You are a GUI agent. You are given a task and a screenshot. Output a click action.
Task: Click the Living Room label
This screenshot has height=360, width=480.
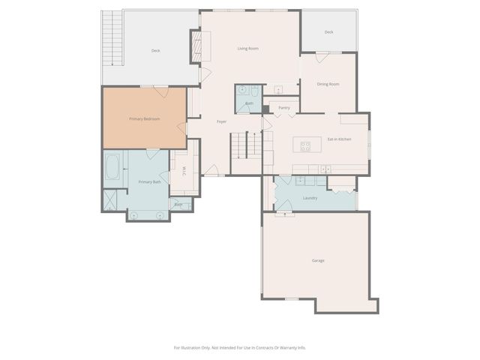point(248,49)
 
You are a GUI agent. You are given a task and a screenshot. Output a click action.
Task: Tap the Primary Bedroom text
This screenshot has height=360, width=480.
point(144,118)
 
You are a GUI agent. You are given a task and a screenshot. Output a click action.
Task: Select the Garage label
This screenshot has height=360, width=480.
point(318,260)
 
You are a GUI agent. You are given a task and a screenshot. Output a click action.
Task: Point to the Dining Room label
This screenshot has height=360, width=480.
point(328,84)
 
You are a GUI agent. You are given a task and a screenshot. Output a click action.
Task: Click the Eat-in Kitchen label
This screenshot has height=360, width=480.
point(339,139)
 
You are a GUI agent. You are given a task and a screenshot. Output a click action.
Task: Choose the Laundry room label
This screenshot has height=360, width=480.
point(310,198)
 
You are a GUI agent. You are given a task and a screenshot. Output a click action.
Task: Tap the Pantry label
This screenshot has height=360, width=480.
point(284,108)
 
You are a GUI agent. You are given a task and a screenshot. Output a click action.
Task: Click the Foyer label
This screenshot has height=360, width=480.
point(222,121)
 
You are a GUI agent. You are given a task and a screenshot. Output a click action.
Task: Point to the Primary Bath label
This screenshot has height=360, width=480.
point(149,181)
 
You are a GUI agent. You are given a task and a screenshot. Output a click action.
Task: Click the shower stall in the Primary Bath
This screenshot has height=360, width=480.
point(111,200)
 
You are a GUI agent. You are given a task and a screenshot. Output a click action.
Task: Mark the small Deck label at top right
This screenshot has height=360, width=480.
point(328,32)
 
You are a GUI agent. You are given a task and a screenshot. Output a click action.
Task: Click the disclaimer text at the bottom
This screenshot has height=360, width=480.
point(240,347)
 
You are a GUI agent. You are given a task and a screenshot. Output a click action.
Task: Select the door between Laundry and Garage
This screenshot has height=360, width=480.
point(285,214)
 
